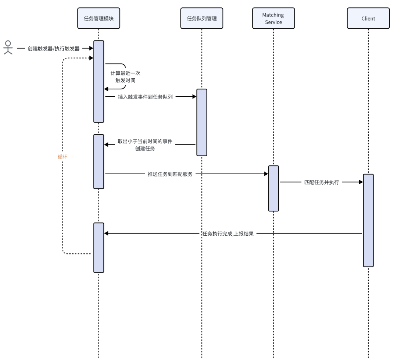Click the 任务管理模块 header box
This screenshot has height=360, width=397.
click(99, 18)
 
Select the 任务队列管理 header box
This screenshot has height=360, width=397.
click(201, 18)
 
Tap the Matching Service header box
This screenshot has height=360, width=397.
click(273, 18)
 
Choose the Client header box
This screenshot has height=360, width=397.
click(368, 18)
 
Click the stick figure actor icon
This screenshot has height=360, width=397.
click(8, 48)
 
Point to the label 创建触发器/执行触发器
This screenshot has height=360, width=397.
click(54, 49)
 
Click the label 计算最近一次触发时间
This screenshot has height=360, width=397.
click(125, 77)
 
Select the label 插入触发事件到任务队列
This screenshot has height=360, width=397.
click(145, 97)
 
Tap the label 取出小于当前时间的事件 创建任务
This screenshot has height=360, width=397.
click(145, 145)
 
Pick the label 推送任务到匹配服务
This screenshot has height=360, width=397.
click(170, 174)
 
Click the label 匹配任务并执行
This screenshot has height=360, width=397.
click(322, 182)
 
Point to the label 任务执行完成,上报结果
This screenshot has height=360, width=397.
click(228, 234)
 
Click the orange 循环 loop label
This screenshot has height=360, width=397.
click(62, 157)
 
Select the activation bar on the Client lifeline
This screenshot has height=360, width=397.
click(368, 220)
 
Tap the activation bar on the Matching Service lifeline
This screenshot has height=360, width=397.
click(273, 188)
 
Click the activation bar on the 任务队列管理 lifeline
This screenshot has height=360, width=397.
click(201, 122)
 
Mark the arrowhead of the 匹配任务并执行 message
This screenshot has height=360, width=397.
click(361, 182)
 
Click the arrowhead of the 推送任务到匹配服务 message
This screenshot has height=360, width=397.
click(266, 174)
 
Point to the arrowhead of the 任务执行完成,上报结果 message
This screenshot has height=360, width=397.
click(106, 234)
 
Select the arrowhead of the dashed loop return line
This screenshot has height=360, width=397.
click(92, 58)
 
